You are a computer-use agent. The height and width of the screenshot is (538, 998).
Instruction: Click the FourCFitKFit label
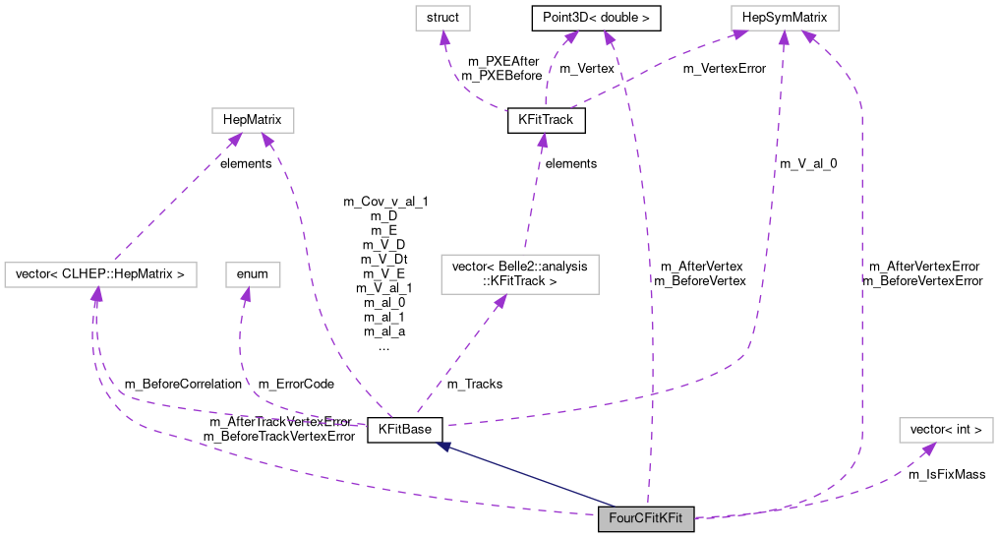(646, 518)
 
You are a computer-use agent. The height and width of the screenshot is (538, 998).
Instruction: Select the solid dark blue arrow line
(531, 477)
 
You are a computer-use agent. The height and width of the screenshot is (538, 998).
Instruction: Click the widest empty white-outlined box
(100, 274)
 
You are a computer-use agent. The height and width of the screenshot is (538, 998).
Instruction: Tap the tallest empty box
(519, 273)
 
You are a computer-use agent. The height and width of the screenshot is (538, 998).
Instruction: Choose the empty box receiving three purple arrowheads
(785, 18)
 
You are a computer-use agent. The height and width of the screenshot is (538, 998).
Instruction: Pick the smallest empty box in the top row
(442, 18)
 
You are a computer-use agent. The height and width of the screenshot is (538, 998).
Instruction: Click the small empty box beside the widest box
(253, 274)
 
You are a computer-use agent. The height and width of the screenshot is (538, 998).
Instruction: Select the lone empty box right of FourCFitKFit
(946, 430)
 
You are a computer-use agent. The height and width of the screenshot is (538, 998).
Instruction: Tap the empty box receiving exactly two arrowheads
(253, 120)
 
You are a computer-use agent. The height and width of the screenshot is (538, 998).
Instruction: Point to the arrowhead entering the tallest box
(500, 301)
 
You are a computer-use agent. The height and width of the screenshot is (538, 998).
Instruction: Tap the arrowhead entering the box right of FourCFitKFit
(928, 448)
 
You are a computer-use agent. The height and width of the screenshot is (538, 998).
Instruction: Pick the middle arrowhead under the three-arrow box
(784, 37)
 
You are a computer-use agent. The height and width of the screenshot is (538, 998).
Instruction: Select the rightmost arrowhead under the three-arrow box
(808, 37)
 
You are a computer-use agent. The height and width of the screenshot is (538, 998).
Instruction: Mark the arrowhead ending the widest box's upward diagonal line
(236, 140)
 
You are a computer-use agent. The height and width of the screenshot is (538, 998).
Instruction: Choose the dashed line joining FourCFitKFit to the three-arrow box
(861, 295)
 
